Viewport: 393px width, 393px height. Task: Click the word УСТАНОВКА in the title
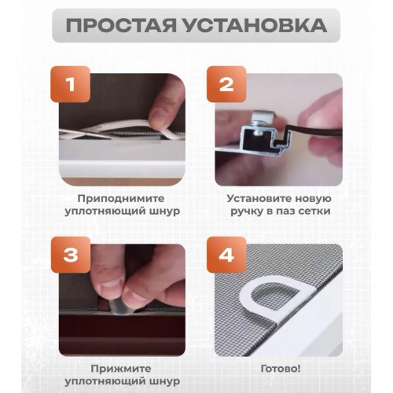click(256, 25)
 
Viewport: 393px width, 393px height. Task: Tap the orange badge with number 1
click(71, 84)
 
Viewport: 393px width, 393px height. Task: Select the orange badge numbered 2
click(226, 84)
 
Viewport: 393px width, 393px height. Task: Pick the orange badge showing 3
click(71, 255)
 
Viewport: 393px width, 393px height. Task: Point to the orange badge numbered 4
click(226, 255)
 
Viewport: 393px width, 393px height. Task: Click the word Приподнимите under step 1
click(121, 199)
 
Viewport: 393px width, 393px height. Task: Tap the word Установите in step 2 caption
click(259, 198)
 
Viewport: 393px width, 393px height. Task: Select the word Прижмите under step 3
click(121, 369)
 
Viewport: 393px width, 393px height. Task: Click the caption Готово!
click(281, 369)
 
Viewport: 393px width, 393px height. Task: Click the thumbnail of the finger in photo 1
click(156, 117)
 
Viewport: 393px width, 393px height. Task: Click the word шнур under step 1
click(166, 211)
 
